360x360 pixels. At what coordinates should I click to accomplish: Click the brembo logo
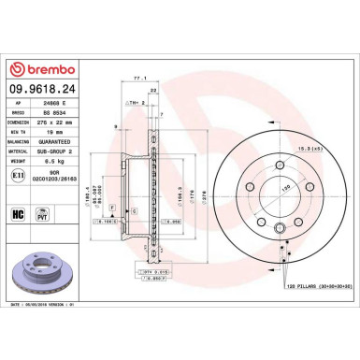click(46, 71)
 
